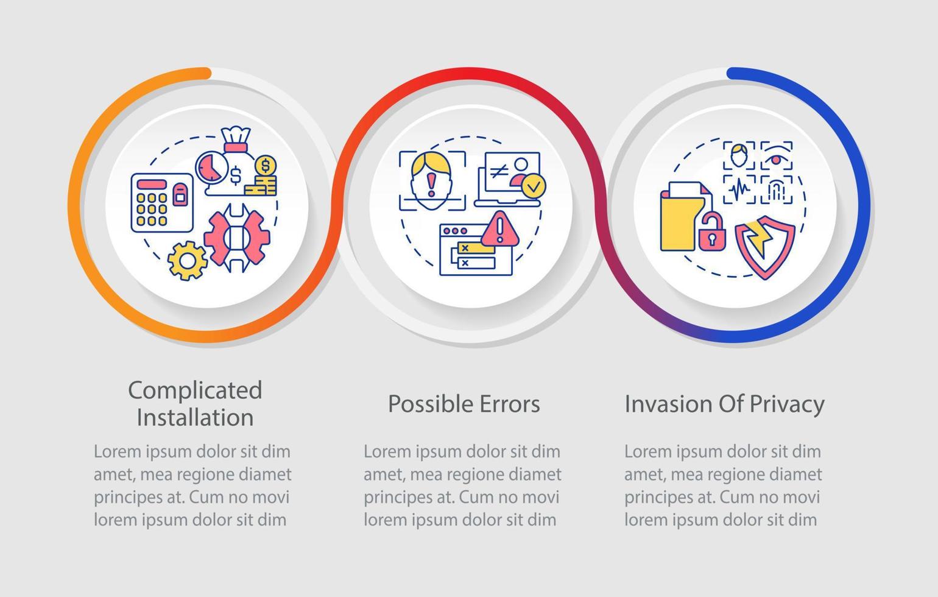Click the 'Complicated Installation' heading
(x=195, y=403)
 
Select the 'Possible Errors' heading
(x=464, y=404)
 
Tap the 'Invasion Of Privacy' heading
(x=724, y=404)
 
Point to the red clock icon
(x=212, y=167)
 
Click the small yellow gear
(x=187, y=261)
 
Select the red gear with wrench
(x=237, y=238)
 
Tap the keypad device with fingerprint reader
(x=162, y=203)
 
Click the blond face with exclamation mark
(x=431, y=180)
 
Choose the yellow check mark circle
(x=534, y=186)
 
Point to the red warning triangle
(x=499, y=229)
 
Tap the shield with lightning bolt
(x=765, y=247)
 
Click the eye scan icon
(x=777, y=155)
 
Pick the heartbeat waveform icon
(x=739, y=189)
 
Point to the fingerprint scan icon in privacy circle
(x=777, y=189)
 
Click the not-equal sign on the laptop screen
(x=499, y=171)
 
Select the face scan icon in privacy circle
(x=739, y=155)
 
